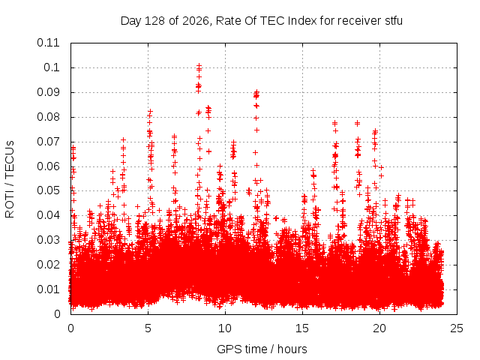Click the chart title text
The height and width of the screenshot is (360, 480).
click(x=262, y=21)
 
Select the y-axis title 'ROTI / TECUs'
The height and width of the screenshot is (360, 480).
click(x=10, y=179)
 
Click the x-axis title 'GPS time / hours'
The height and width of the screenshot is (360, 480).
click(x=262, y=349)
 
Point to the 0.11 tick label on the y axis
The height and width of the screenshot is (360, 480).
click(x=48, y=43)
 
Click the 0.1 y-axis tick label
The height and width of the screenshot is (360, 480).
click(x=52, y=67)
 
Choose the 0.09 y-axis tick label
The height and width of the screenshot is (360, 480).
click(x=48, y=92)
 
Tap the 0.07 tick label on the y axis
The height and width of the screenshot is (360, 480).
click(x=48, y=142)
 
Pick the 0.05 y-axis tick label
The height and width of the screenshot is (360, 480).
click(x=48, y=190)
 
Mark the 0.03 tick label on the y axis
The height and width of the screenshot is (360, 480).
click(x=48, y=240)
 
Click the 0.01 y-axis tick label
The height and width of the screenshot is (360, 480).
click(x=48, y=289)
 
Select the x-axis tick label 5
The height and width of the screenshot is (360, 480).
click(x=148, y=328)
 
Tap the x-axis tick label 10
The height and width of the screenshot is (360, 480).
click(x=225, y=328)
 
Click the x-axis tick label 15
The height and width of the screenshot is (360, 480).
click(x=302, y=328)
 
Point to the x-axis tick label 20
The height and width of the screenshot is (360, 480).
click(x=379, y=328)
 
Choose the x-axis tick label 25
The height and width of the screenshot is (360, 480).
click(x=457, y=328)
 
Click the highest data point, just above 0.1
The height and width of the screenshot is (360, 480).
click(x=199, y=65)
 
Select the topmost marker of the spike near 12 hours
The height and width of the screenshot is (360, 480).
click(x=256, y=91)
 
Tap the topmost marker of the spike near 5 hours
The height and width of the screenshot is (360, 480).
click(x=150, y=111)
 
